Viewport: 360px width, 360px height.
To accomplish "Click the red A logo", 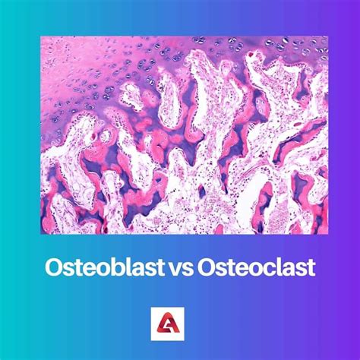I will (180, 322).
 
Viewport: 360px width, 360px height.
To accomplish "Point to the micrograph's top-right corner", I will (327, 36).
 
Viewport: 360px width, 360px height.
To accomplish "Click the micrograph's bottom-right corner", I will (327, 233).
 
